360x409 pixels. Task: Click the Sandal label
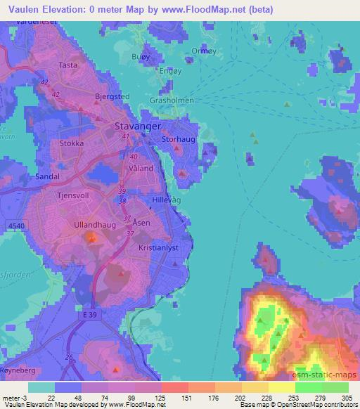[47, 176]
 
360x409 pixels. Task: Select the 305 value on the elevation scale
[348, 397]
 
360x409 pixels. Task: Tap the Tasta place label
[68, 65]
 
